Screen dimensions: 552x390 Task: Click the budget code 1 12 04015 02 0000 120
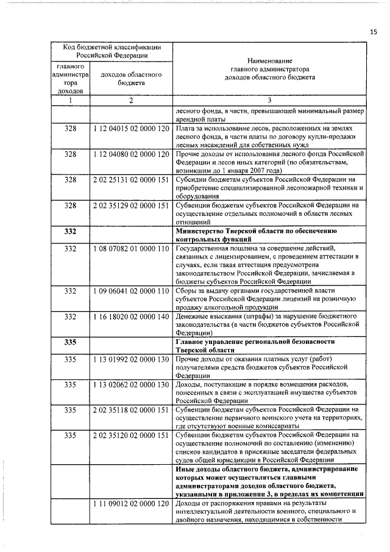pyautogui.click(x=131, y=129)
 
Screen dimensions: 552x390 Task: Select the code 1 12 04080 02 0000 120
pyautogui.click(x=131, y=154)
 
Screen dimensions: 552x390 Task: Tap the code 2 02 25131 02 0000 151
pyautogui.click(x=131, y=180)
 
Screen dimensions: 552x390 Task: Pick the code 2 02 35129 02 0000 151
pyautogui.click(x=131, y=206)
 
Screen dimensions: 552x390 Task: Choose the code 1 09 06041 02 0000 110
pyautogui.click(x=131, y=292)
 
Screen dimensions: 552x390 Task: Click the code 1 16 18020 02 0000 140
pyautogui.click(x=131, y=317)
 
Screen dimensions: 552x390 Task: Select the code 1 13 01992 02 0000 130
pyautogui.click(x=131, y=360)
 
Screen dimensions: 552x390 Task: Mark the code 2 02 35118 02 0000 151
pyautogui.click(x=131, y=410)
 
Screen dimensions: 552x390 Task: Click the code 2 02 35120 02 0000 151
pyautogui.click(x=131, y=436)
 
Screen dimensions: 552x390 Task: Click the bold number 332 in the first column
pyautogui.click(x=70, y=232)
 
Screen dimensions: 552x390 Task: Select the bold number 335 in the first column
pyautogui.click(x=70, y=343)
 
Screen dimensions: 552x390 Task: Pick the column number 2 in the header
pyautogui.click(x=130, y=101)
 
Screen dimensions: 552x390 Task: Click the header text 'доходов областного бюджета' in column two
pyautogui.click(x=130, y=79)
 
